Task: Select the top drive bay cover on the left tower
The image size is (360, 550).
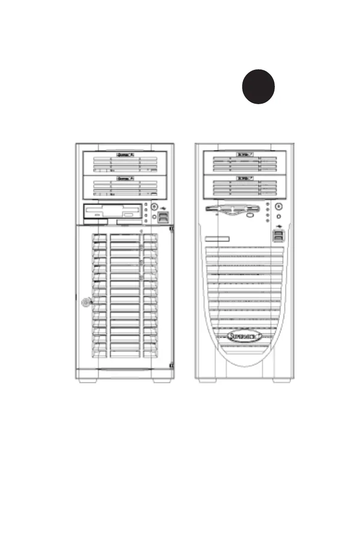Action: click(x=124, y=162)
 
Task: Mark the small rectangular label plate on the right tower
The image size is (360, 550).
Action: click(x=217, y=238)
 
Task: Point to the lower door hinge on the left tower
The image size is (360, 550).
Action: click(x=171, y=366)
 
